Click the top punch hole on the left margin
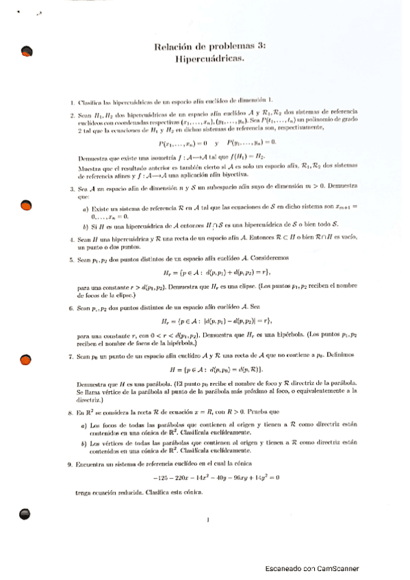27,51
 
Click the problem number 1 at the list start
72,101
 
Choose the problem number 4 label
72,239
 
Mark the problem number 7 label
72,357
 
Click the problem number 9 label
72,464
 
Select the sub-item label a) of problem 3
85,207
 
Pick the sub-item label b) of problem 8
85,444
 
